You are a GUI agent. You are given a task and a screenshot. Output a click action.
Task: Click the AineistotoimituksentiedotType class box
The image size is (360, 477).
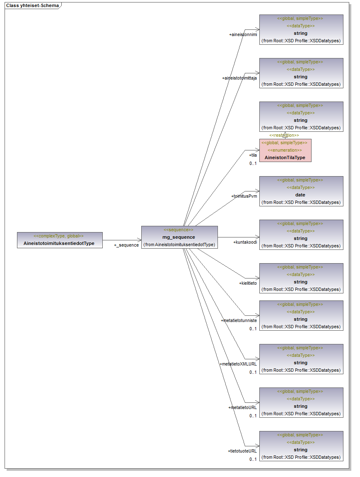60,240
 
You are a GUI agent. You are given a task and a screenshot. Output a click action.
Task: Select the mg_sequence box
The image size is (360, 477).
179,237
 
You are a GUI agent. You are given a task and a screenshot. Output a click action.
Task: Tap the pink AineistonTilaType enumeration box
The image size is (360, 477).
285,150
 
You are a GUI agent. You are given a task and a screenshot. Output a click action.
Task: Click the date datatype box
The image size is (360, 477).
301,191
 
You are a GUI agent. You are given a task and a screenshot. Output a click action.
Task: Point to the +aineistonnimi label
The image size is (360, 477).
243,35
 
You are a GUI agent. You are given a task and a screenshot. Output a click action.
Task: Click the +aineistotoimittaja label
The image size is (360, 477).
239,78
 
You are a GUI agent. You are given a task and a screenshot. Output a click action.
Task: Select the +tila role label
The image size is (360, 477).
253,155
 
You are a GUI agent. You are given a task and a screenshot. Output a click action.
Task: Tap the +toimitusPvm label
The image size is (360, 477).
244,196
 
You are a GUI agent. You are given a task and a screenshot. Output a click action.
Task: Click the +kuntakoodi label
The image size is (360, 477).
245,242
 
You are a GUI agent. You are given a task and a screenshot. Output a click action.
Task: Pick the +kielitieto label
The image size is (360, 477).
248,283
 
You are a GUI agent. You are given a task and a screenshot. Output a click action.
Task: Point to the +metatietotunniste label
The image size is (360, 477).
239,320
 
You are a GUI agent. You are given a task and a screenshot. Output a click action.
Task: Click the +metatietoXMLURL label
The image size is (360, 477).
238,364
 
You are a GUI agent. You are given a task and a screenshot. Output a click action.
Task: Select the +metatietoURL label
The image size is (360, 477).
242,407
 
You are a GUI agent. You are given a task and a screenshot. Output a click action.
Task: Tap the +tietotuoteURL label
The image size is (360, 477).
242,451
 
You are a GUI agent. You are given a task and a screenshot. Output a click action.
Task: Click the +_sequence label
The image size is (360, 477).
126,245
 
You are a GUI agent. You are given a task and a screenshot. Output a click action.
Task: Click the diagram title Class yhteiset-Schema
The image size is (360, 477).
32,6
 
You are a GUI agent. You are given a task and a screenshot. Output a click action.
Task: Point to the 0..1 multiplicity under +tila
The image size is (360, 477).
253,163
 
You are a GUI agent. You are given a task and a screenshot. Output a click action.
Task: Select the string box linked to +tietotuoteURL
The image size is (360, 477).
301,446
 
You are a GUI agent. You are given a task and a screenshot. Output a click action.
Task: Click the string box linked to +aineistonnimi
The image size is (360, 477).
301,29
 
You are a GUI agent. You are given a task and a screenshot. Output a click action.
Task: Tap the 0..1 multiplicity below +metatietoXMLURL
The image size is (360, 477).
253,372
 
